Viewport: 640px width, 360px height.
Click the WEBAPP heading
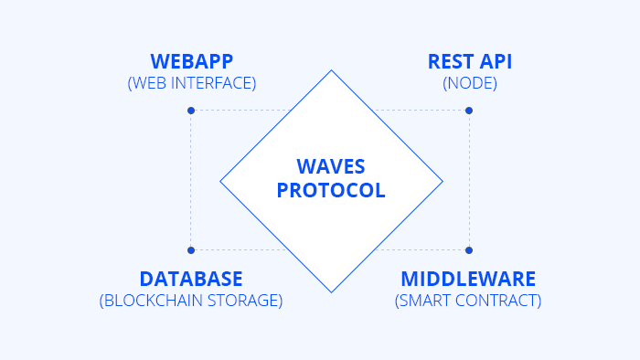pyautogui.click(x=192, y=61)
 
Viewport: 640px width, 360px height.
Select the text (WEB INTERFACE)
pyautogui.click(x=192, y=83)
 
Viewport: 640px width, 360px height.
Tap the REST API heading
pyautogui.click(x=470, y=61)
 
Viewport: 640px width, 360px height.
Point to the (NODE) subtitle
pyautogui.click(x=470, y=83)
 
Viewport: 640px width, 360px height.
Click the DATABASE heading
pyautogui.click(x=191, y=279)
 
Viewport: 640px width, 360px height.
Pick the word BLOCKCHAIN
pyautogui.click(x=153, y=301)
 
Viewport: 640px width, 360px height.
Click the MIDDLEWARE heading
pyautogui.click(x=468, y=279)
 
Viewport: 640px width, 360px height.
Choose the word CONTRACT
pyautogui.click(x=496, y=301)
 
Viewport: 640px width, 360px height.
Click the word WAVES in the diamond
pyautogui.click(x=331, y=166)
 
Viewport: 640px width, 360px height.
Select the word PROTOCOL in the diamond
pyautogui.click(x=331, y=190)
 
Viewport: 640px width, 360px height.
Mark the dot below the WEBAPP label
pyautogui.click(x=191, y=111)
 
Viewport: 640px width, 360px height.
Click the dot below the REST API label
pyautogui.click(x=469, y=111)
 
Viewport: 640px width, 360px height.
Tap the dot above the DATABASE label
pyautogui.click(x=191, y=250)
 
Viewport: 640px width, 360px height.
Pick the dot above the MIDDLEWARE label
pyautogui.click(x=469, y=250)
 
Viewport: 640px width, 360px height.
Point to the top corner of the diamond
pyautogui.click(x=331, y=70)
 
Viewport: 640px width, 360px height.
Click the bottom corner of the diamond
pyautogui.click(x=331, y=292)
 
